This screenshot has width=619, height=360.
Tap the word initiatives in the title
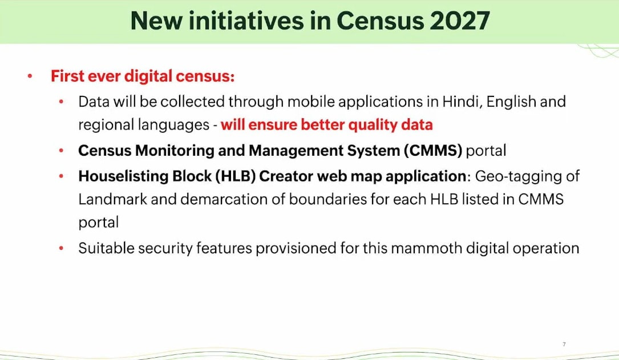[x=246, y=21]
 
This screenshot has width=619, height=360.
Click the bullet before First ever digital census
[x=30, y=76]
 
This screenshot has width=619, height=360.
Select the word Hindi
[x=462, y=102]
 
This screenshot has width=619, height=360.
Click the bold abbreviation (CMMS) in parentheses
[x=432, y=151]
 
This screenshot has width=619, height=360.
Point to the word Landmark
[x=112, y=199]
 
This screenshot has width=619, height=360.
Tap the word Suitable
[x=106, y=248]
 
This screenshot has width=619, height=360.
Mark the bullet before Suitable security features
[x=61, y=249]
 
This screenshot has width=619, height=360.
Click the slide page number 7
[x=564, y=344]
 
